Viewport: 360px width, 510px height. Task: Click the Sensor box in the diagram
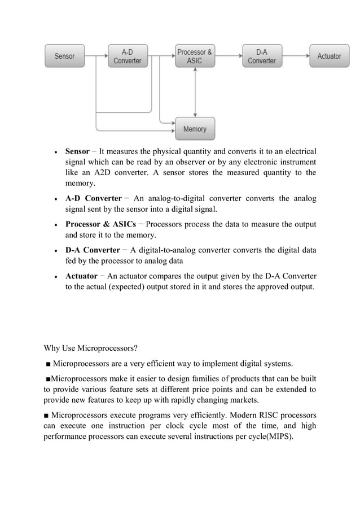point(64,56)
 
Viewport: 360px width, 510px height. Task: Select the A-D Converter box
point(128,56)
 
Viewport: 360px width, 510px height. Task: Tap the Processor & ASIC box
point(195,56)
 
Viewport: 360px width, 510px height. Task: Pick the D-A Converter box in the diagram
point(262,56)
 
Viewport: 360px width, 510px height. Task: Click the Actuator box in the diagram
point(329,56)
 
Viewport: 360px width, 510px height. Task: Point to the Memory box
point(195,129)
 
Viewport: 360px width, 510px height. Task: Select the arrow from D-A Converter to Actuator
point(295,56)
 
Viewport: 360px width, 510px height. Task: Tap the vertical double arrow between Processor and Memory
point(195,93)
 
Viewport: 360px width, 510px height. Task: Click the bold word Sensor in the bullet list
point(77,151)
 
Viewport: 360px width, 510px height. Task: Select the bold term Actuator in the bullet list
point(81,276)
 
